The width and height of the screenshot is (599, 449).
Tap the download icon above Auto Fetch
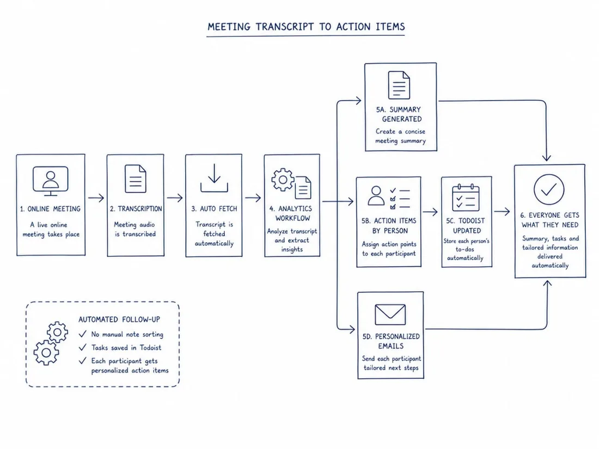coord(214,178)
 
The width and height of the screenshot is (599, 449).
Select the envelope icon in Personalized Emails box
coord(390,314)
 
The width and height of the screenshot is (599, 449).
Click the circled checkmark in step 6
coord(548,189)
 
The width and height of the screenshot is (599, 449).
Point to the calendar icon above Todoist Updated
coord(466,198)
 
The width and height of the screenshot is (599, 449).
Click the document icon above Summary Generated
coord(399,85)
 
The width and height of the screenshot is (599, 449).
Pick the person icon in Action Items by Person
coord(376,196)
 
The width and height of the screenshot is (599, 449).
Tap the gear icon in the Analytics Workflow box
coord(283,180)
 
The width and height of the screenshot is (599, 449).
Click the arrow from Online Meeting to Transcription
coord(96,198)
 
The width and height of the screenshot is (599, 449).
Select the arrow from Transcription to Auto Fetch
coord(175,198)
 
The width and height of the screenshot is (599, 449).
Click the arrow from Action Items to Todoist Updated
coord(430,212)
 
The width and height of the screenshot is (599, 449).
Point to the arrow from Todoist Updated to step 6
coord(502,211)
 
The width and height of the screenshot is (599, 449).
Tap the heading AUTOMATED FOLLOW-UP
coord(119,319)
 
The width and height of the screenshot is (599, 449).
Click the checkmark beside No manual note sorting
coord(83,334)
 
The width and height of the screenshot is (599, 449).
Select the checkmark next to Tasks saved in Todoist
coord(83,347)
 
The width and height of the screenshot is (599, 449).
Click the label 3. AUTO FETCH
coord(214,209)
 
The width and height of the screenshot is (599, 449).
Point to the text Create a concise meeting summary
coord(400,136)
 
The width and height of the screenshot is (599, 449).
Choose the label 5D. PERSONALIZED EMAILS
coord(391,341)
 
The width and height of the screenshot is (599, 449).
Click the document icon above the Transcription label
coord(135,179)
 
